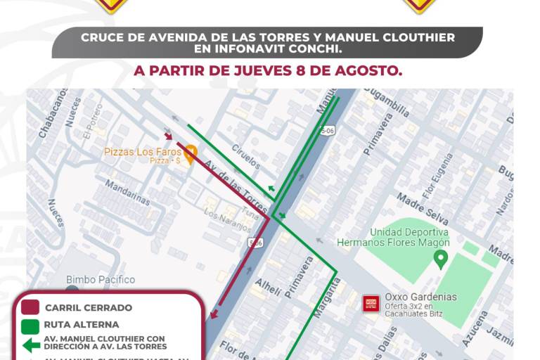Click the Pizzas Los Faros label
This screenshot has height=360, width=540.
pyautogui.click(x=143, y=151)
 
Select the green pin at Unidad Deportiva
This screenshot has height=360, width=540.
pyautogui.click(x=441, y=259)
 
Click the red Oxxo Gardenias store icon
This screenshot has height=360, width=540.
pyautogui.click(x=371, y=304)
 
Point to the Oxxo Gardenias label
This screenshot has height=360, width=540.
pyautogui.click(x=420, y=297)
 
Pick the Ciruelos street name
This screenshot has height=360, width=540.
pyautogui.click(x=246, y=158)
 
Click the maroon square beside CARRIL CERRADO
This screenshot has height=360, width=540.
pyautogui.click(x=30, y=307)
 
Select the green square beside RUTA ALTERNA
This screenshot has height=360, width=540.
pyautogui.click(x=30, y=326)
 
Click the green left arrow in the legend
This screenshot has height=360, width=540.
pyautogui.click(x=30, y=345)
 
